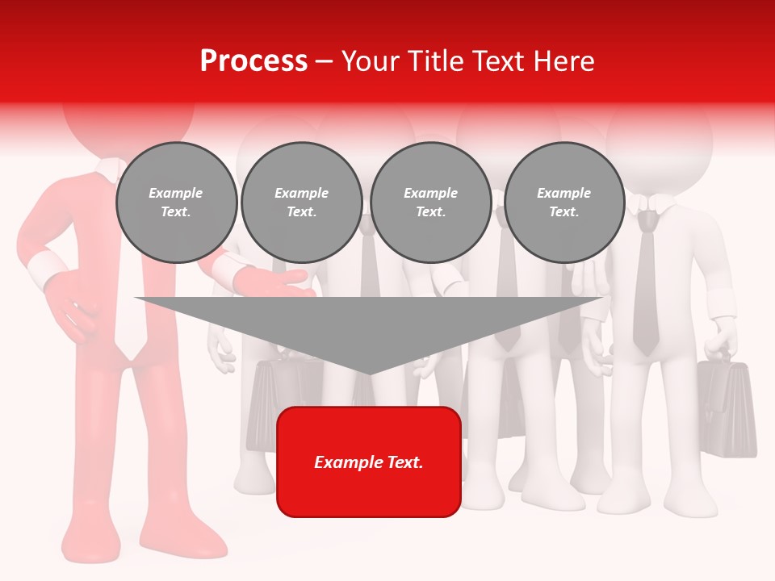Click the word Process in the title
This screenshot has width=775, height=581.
253,61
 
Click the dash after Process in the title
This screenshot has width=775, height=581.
324,61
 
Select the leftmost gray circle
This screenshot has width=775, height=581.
176,203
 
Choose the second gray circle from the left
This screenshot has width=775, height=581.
301,203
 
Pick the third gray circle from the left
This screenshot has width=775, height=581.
430,203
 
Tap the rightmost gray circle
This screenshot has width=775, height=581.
563,203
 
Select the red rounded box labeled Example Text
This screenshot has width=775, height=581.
369,462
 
